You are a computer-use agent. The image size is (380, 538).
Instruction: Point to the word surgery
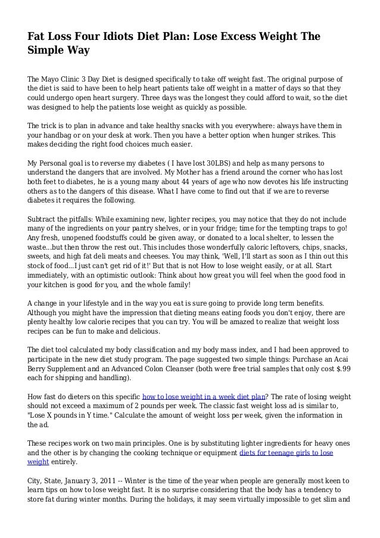pos(138,100)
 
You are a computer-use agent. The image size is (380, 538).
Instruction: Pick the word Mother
pos(216,173)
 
